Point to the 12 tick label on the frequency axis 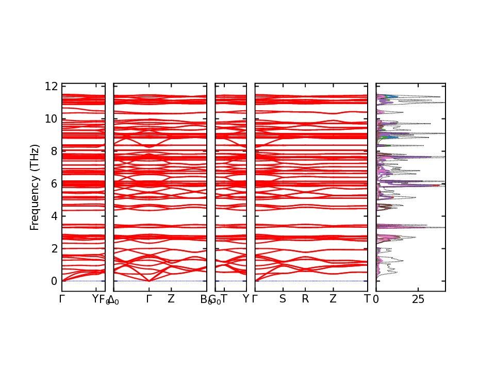click(x=51, y=86)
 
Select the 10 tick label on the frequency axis click(x=51, y=119)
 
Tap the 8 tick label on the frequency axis click(x=54, y=151)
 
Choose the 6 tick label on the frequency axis click(x=54, y=183)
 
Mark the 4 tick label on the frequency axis click(x=54, y=216)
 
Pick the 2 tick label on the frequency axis click(x=54, y=248)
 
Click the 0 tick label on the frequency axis click(x=54, y=281)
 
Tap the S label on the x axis click(x=283, y=299)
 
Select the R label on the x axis click(x=305, y=299)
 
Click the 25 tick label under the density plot click(x=418, y=299)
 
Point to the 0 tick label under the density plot click(x=376, y=299)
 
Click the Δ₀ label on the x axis click(x=113, y=300)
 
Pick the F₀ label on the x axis click(x=104, y=300)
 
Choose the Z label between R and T click(x=333, y=299)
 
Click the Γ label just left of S click(x=255, y=299)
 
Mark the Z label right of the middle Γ click(x=171, y=299)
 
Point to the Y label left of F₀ click(x=95, y=299)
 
